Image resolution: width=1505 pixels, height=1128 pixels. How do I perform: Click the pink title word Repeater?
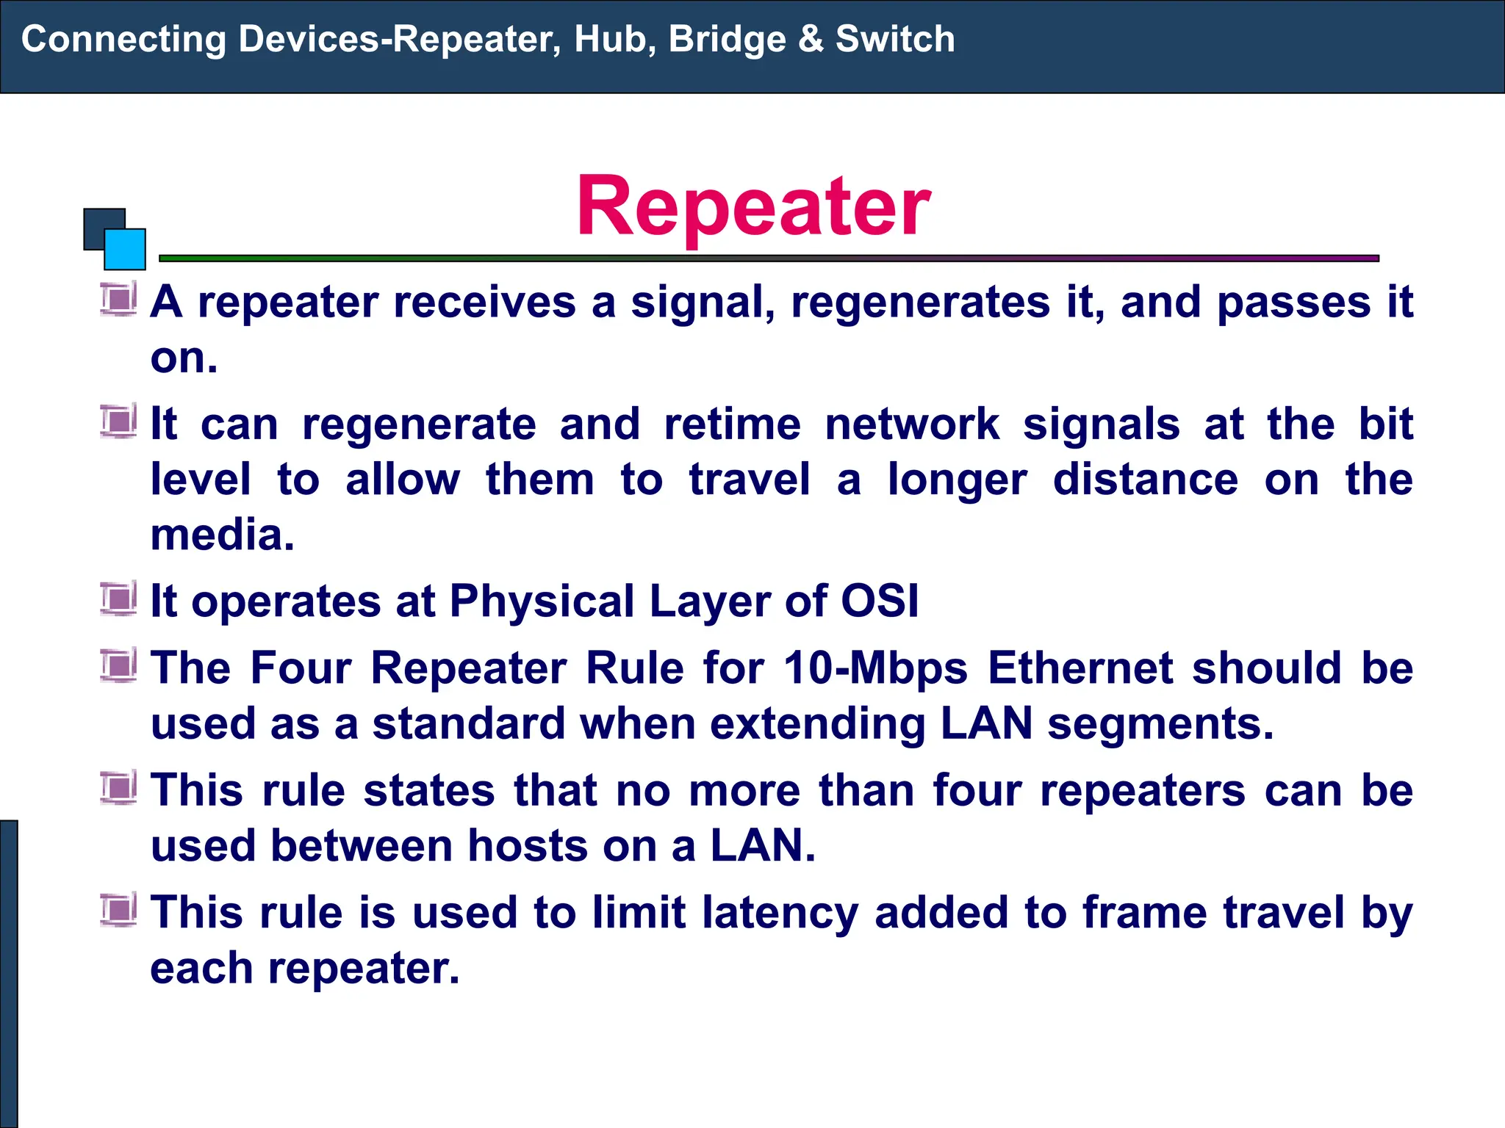point(753,207)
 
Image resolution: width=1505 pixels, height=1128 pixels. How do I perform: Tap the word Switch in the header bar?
point(894,39)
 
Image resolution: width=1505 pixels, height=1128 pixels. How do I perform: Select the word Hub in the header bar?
point(614,39)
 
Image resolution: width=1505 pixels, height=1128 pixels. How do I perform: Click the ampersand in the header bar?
point(811,39)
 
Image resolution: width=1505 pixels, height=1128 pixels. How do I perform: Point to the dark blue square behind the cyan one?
point(98,224)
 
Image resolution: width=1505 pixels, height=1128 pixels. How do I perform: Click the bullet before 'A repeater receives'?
point(118,300)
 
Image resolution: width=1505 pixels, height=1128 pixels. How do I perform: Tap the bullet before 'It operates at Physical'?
point(118,599)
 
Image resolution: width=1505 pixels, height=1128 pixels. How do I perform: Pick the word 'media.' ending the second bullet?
point(222,535)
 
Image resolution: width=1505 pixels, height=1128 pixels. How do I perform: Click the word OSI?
point(879,601)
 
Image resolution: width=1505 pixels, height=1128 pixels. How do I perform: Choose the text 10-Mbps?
point(875,669)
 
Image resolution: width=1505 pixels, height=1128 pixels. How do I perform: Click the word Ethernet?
point(1080,668)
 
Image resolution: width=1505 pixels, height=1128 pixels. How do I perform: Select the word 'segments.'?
point(1160,725)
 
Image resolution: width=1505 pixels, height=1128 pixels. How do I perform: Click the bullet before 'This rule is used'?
point(118,911)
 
